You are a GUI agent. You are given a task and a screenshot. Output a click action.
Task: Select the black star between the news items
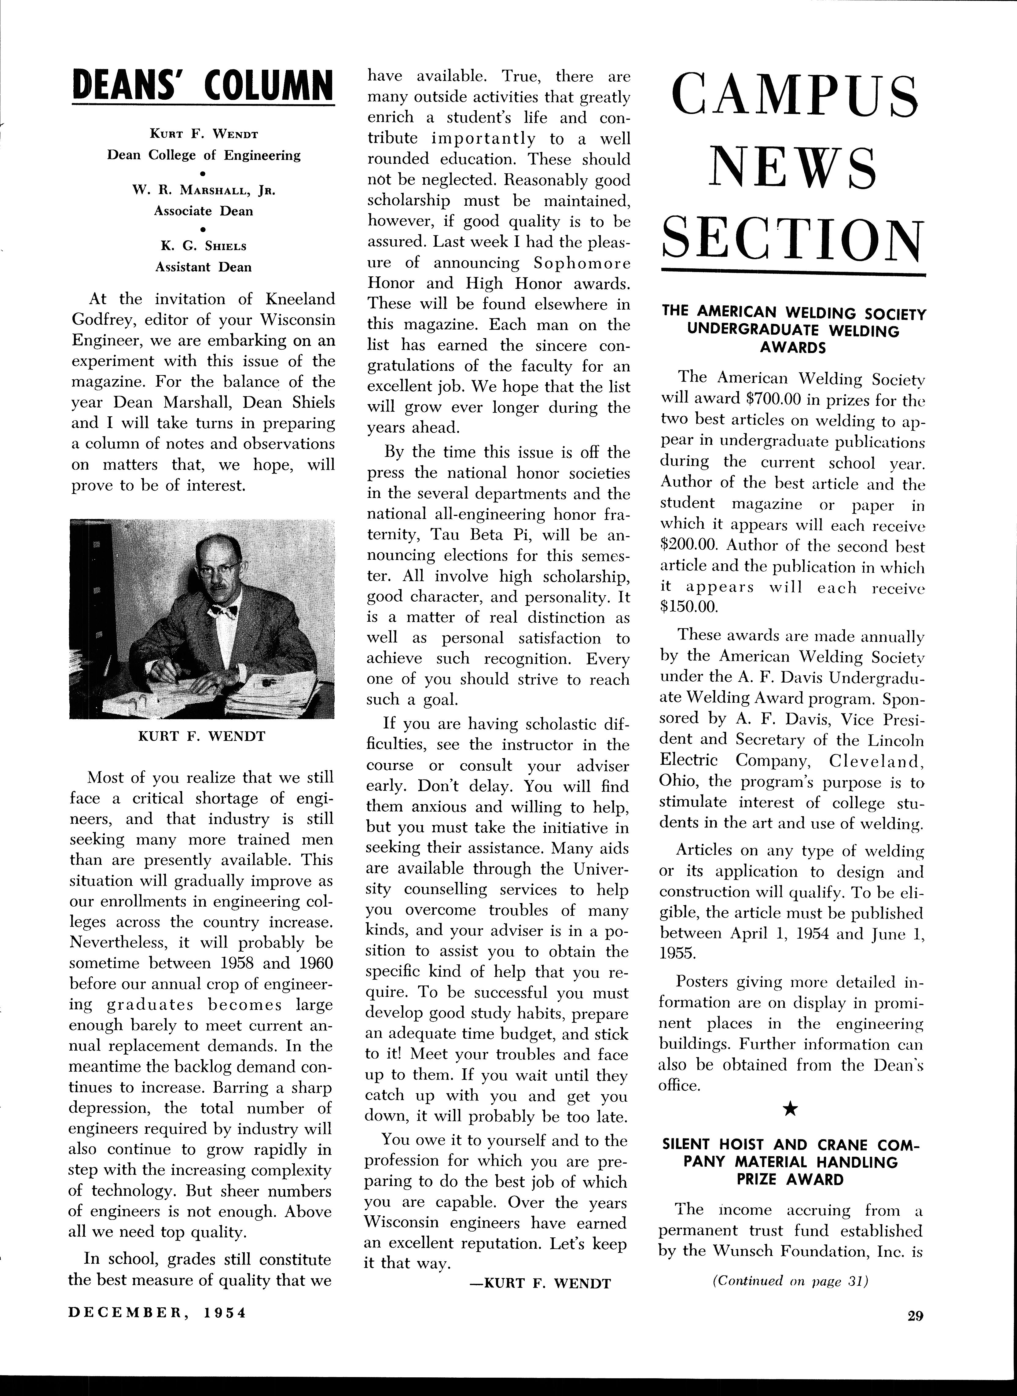coord(792,1110)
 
